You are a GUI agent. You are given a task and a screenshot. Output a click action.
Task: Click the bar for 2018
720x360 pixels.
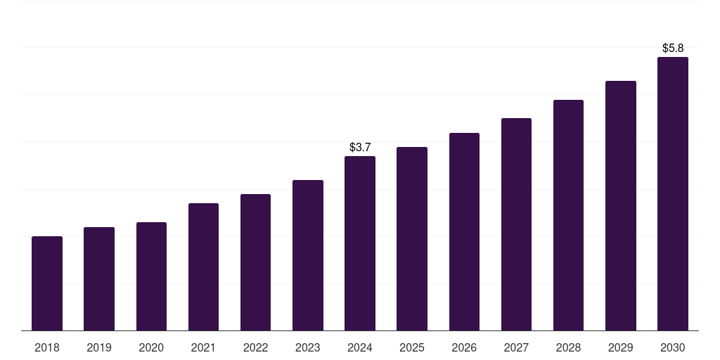(47, 283)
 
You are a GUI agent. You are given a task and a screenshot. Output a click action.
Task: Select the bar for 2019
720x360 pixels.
(99, 278)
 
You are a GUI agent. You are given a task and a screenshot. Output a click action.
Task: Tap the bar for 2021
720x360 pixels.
(203, 266)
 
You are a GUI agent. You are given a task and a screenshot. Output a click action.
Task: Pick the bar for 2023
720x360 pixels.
(308, 255)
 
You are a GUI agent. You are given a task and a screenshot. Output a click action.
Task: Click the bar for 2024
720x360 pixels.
(360, 243)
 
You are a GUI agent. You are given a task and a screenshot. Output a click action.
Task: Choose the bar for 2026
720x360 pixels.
(464, 231)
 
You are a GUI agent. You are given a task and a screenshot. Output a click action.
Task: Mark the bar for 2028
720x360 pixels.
(568, 215)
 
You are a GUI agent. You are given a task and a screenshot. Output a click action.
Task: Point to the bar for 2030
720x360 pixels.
(673, 193)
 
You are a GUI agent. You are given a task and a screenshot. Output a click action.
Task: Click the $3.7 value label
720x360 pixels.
(360, 148)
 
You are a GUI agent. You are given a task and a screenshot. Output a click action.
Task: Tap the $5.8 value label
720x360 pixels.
(673, 49)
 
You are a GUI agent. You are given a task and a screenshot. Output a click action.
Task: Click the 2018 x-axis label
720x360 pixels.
(47, 348)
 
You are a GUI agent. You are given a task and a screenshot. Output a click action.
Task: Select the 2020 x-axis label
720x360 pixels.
(151, 348)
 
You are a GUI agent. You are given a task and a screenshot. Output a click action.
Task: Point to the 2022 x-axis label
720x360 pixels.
(255, 348)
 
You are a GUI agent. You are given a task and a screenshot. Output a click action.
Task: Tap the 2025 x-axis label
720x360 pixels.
(412, 348)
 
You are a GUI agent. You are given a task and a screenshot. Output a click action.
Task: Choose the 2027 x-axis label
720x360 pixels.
(516, 348)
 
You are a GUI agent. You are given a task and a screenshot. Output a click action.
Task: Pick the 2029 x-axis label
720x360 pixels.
(621, 348)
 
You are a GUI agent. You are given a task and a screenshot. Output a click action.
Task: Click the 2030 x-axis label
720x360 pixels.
(673, 348)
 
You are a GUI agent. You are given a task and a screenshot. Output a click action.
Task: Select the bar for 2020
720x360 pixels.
(151, 276)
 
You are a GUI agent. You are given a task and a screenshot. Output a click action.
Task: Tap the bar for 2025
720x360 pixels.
(412, 238)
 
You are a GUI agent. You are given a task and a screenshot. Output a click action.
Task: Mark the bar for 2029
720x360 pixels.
(621, 205)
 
